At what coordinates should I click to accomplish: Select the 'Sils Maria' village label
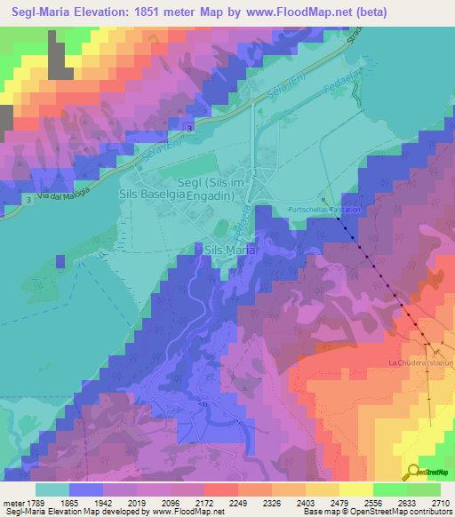click(230, 251)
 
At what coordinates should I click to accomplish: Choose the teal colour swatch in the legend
click(52, 489)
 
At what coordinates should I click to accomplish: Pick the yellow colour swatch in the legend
click(355, 489)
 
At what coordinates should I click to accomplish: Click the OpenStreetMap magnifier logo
click(411, 472)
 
